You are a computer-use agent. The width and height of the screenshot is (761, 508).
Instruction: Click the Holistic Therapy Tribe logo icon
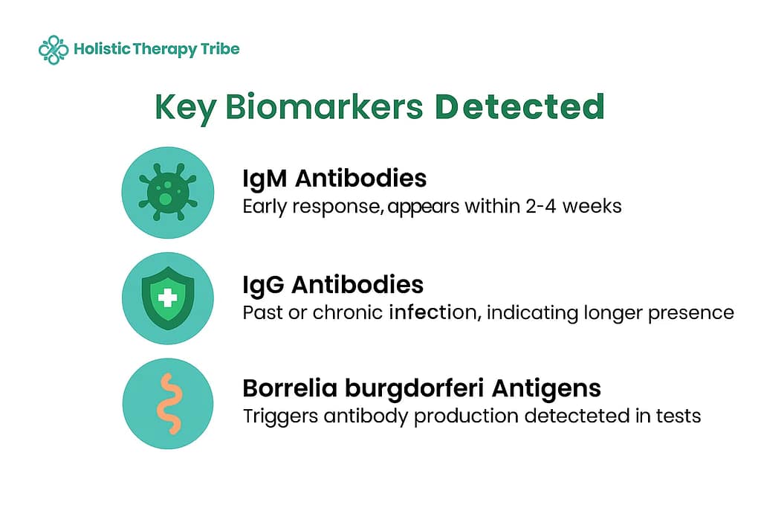(54, 50)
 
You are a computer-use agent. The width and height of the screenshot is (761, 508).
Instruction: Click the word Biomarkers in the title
(324, 106)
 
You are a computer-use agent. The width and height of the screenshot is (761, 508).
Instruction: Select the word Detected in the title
(519, 106)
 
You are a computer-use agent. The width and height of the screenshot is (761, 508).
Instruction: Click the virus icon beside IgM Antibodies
(167, 192)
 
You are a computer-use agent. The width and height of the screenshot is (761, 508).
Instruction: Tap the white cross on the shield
(167, 298)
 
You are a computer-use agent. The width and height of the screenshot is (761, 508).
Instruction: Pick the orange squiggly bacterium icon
(169, 404)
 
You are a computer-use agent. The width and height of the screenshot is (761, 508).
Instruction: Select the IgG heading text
(263, 286)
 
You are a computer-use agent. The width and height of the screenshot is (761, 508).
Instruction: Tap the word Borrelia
(290, 388)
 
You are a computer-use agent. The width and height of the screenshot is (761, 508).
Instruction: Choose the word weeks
(592, 207)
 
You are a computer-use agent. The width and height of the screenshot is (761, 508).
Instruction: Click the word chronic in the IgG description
(348, 312)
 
